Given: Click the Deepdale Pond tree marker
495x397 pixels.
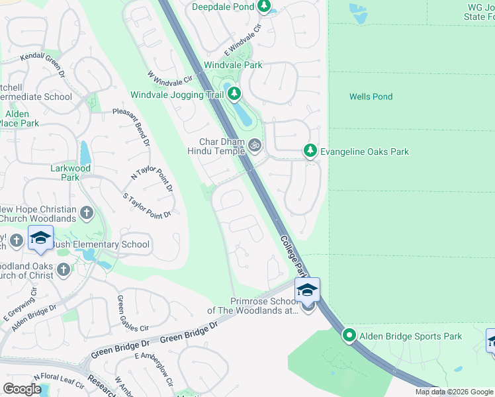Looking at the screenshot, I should pos(264,7).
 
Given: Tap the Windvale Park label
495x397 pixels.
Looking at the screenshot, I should pos(233,65).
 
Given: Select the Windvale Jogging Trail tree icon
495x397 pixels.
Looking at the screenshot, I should pos(234,95).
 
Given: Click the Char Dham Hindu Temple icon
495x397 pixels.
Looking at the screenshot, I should pos(255,144).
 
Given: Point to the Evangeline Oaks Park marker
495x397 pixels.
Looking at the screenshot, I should pos(310,152).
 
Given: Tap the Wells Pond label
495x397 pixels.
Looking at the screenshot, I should pos(371,97).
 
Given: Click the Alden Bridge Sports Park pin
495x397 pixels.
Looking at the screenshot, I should pos(349,336).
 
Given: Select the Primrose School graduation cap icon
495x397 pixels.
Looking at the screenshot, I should pos(307,290).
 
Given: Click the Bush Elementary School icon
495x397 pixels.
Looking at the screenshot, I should pos(40,238).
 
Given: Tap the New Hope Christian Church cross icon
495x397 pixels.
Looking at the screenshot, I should pos(85,213).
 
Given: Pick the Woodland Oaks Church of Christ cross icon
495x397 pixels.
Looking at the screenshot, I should pos(63,269).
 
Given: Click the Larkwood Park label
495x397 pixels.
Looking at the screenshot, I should pos(69,173).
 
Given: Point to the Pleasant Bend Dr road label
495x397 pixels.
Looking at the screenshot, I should pos(131,127).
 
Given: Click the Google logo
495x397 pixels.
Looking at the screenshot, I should pos(22,389).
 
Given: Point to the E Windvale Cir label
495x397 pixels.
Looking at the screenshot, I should pos(244,40).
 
